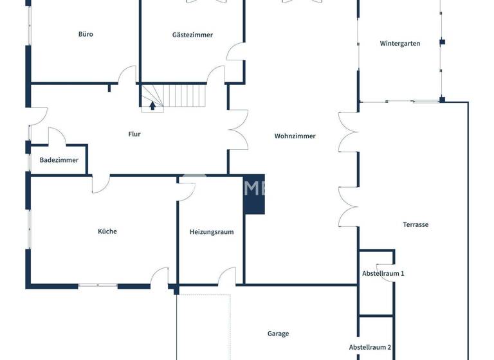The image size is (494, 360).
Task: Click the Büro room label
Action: pos(86,34)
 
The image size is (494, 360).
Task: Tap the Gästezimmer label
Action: pos(192,35)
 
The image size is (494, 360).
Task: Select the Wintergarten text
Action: pos(400,44)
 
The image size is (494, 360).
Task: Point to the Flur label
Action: pos(134,134)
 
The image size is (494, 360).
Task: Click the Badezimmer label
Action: pos(59,160)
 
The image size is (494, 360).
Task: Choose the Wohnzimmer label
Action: pos(295,136)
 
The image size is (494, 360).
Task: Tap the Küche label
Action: pos(107,231)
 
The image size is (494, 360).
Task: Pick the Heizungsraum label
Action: pos(211,232)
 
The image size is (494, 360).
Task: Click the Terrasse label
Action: pos(416,224)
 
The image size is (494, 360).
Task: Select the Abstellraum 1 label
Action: pos(383,273)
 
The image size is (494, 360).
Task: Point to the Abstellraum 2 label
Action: pos(370,347)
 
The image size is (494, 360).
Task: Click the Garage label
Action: pos(278,334)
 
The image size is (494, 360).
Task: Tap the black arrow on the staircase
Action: pos(152,105)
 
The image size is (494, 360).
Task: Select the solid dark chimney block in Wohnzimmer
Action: pos(254,194)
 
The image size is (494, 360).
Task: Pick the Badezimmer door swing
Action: pos(57,136)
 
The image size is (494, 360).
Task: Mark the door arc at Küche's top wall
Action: pos(100,184)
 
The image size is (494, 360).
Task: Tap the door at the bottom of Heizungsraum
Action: pos(227,277)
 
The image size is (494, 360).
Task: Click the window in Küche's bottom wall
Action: pos(98,285)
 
